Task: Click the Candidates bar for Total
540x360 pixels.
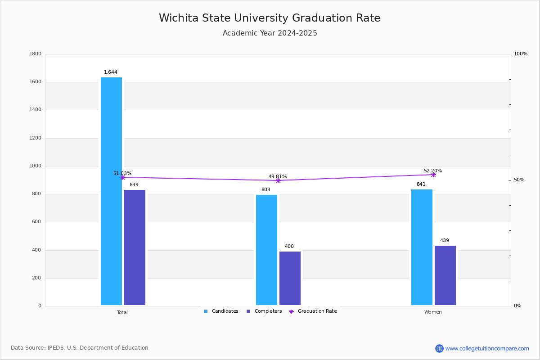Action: tap(111, 191)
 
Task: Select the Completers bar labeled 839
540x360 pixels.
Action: tap(135, 247)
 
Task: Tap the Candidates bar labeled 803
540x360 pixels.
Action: tap(266, 250)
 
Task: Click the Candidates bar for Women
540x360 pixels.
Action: tap(422, 247)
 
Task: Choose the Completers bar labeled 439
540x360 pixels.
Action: tap(445, 275)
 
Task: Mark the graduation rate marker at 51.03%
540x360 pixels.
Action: tap(122, 177)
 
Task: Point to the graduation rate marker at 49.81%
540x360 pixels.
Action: tap(278, 180)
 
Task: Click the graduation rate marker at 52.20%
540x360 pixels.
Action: tap(433, 175)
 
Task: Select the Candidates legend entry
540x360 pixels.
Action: tap(221, 311)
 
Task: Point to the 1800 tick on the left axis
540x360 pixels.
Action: tap(35, 54)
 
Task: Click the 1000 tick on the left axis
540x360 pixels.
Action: tap(35, 166)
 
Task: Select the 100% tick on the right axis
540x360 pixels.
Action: tap(521, 54)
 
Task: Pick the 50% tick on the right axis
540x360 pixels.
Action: tap(519, 180)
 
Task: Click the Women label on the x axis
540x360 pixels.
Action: tap(433, 312)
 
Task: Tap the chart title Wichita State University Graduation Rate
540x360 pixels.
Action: tap(270, 18)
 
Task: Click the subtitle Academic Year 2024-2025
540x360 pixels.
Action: tap(270, 33)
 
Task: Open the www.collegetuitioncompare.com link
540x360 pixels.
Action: tap(487, 348)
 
